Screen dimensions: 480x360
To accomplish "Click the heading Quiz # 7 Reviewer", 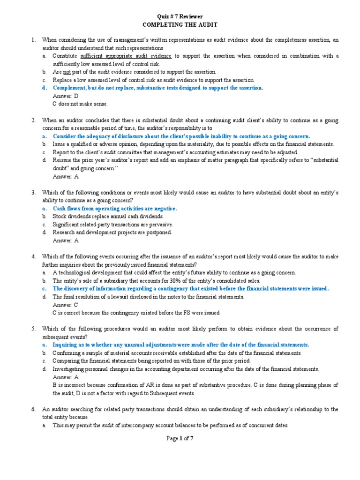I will click(x=180, y=17).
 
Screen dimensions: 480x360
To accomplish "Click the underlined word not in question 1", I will click(x=67, y=72).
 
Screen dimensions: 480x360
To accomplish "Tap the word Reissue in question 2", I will click(x=63, y=160).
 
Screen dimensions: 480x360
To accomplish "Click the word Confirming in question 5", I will click(x=68, y=352).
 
